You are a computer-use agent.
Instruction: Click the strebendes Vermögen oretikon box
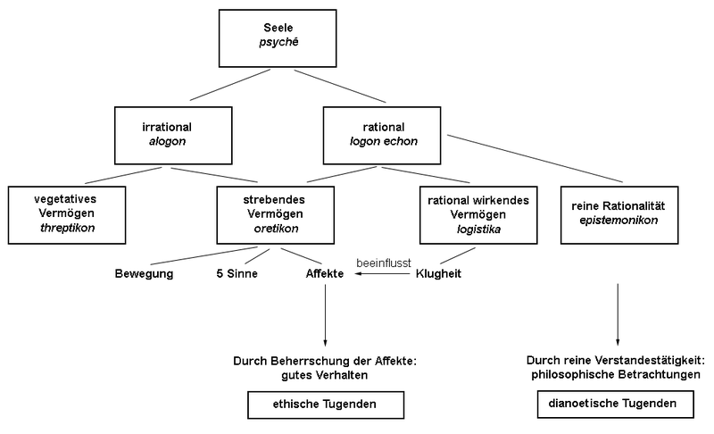coord(275,214)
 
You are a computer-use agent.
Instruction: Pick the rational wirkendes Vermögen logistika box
coord(479,214)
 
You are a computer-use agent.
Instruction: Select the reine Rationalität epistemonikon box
coord(619,214)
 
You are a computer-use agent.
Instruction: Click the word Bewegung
coord(144,274)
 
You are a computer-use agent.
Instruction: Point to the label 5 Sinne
coord(237,274)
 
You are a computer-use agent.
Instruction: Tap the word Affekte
coord(325,274)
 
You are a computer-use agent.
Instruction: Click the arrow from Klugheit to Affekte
coord(385,275)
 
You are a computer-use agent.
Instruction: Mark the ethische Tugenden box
coord(324,405)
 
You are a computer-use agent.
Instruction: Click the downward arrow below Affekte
coord(325,317)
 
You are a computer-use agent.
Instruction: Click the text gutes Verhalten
coord(324,376)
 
